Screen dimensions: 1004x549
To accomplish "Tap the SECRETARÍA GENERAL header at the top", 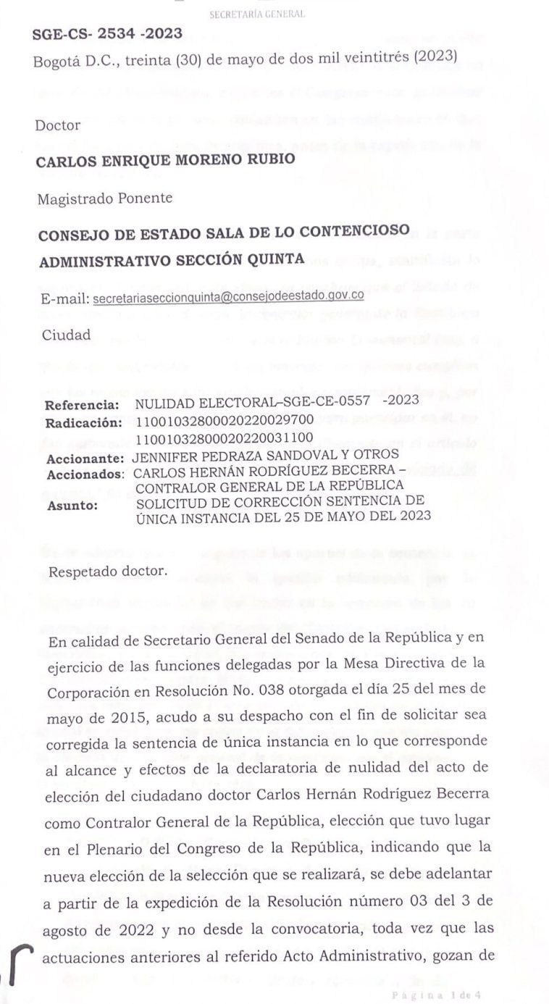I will [x=256, y=14].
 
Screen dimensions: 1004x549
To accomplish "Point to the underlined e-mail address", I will [x=229, y=297].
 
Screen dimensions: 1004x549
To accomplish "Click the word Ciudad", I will [x=66, y=335].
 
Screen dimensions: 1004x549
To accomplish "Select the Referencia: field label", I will [x=82, y=406].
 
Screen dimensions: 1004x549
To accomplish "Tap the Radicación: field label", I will [x=81, y=422].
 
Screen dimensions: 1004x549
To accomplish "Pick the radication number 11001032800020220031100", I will [x=224, y=438].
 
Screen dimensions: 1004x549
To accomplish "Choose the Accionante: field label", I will [x=84, y=458].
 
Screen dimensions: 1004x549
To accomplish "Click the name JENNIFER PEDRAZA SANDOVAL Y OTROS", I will [x=266, y=455].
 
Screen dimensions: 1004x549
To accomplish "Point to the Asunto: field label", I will [x=72, y=505].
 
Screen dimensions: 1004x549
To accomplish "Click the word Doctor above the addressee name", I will [x=58, y=125].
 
